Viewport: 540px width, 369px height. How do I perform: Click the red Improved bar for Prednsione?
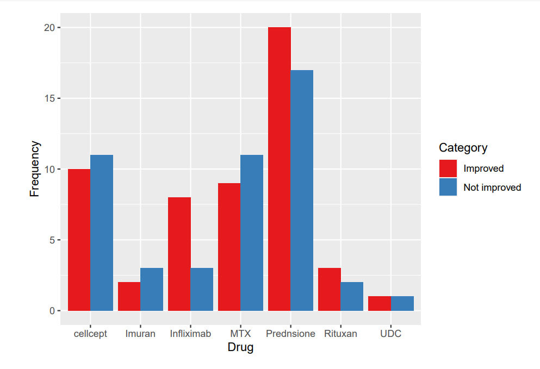pos(280,169)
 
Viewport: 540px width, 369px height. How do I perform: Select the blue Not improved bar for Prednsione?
pos(302,190)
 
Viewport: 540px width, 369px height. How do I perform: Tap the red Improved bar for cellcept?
pos(79,240)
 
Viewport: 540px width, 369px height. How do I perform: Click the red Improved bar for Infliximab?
pos(179,254)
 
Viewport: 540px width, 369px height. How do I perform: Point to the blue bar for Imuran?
pos(152,289)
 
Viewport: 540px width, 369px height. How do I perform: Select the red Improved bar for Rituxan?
pos(330,289)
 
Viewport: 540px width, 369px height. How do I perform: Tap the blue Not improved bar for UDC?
pos(402,303)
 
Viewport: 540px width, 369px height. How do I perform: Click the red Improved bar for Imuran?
pos(129,296)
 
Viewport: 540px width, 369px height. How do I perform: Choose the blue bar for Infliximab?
pos(202,289)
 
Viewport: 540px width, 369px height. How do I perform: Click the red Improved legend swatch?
pos(448,168)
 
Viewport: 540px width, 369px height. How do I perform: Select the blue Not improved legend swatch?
pos(448,187)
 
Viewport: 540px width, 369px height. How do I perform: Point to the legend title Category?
pos(463,147)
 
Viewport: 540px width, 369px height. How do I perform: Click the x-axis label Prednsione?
pos(290,334)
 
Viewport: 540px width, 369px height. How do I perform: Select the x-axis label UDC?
pos(390,334)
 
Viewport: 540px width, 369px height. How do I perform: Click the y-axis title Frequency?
pos(35,169)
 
